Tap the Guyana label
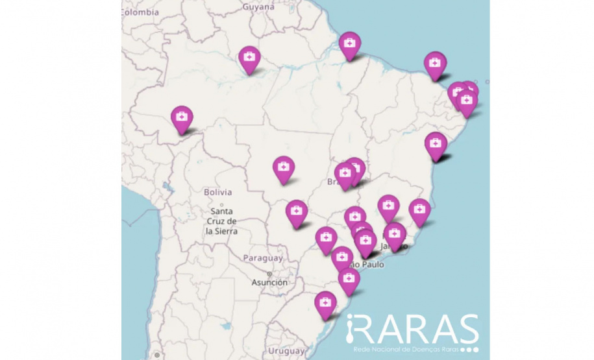(x=258, y=7)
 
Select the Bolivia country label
(x=217, y=193)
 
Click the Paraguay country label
(x=263, y=258)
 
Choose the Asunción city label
(x=269, y=283)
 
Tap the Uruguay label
(x=286, y=351)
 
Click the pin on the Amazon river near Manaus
(x=249, y=58)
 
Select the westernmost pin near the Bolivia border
(x=182, y=118)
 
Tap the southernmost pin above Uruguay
(x=325, y=303)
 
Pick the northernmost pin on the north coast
(x=350, y=43)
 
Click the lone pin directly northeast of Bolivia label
(x=283, y=168)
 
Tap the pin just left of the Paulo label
(x=342, y=258)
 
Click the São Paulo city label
(x=366, y=265)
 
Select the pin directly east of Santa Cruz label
(x=297, y=211)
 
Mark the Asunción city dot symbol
(x=269, y=274)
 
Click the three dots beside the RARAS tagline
(x=469, y=350)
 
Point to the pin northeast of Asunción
(x=326, y=239)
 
